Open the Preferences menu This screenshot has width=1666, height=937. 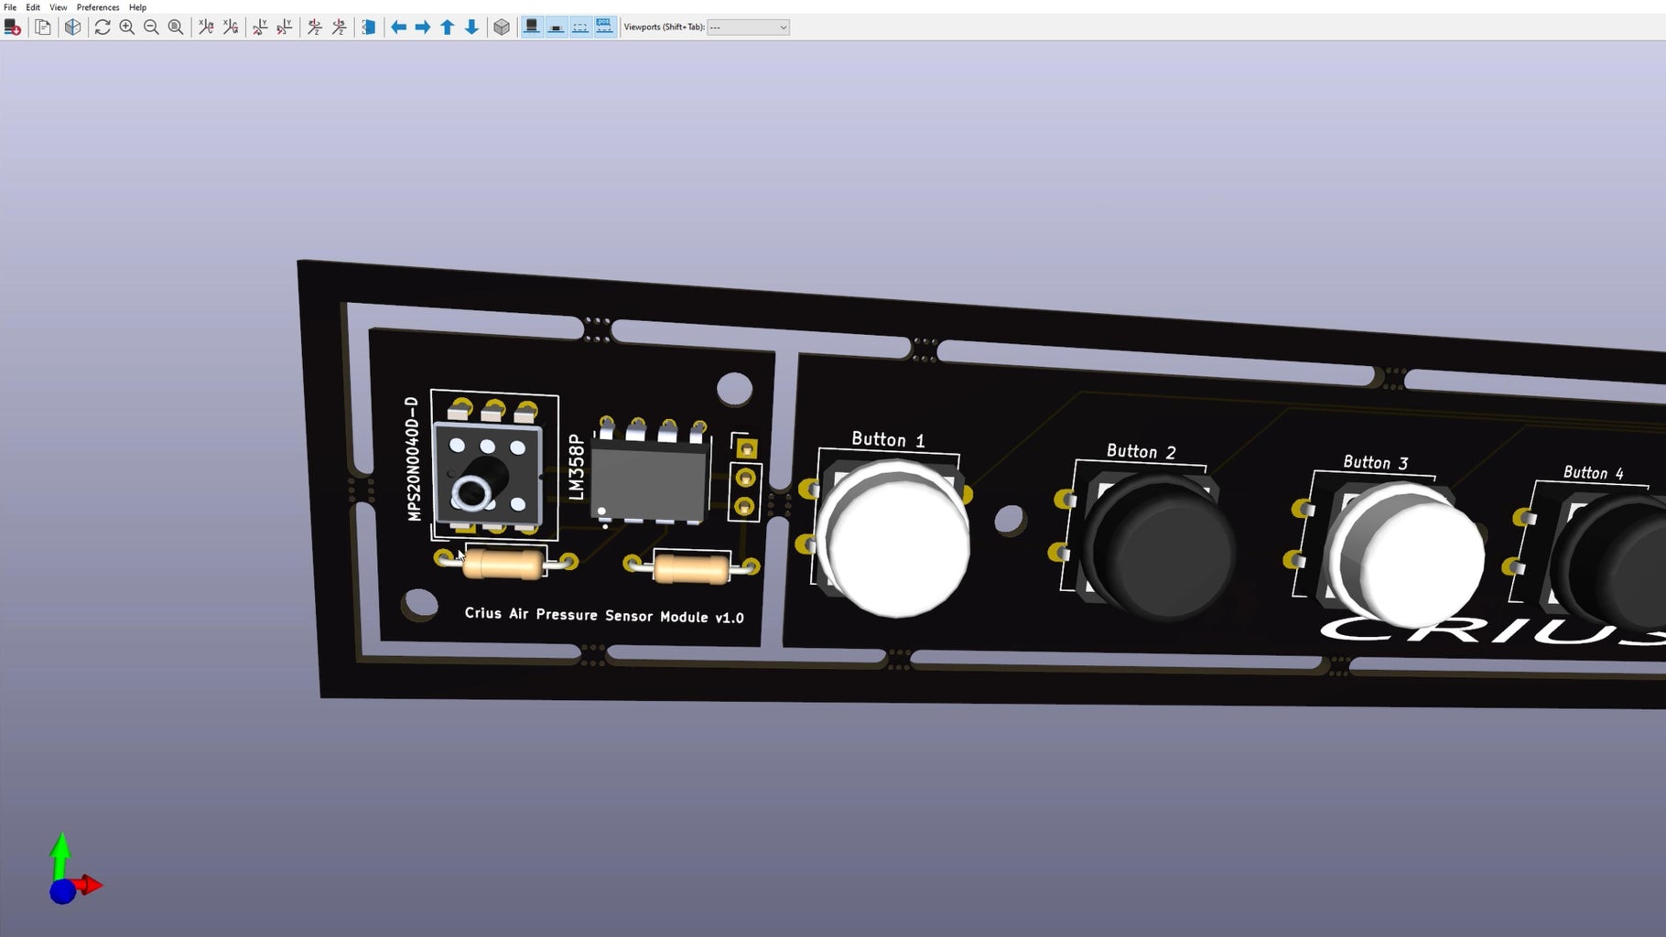coord(97,7)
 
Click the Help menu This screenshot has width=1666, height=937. coord(137,7)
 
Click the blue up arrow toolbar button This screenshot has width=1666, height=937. coord(448,27)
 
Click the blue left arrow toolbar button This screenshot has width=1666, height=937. coord(398,27)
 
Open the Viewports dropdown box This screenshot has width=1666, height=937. coord(748,27)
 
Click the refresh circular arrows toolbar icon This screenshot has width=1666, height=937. coord(103,27)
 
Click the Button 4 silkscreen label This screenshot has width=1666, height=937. coord(1593,473)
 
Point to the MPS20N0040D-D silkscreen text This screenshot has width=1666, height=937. coord(413,458)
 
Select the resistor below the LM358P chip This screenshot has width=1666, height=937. coord(691,569)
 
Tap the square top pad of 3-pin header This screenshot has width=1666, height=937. coord(746,448)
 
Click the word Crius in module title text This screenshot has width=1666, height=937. coord(482,613)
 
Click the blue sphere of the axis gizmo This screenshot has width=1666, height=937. coord(62,891)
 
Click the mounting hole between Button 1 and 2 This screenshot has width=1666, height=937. coord(1009,519)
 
